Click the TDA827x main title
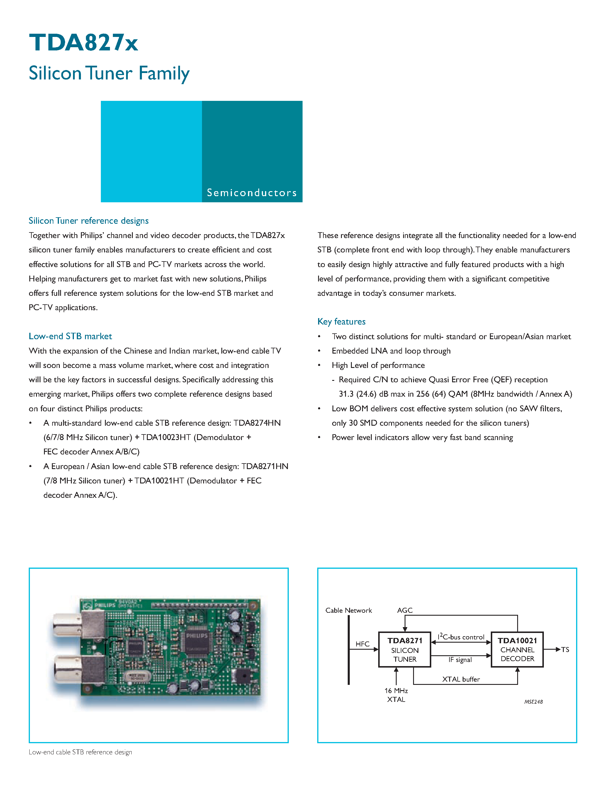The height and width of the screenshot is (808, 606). [x=83, y=43]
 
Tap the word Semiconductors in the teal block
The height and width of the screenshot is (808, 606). [x=252, y=193]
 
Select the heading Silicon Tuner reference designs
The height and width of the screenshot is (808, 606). [x=89, y=221]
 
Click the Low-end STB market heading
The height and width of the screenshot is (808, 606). [x=70, y=336]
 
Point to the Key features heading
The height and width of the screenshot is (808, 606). [x=341, y=321]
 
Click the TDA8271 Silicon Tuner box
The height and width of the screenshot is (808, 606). [x=404, y=649]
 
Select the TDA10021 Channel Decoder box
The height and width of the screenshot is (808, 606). [x=517, y=649]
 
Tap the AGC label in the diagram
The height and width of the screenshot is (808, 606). [x=405, y=610]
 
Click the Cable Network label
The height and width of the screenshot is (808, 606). [x=349, y=610]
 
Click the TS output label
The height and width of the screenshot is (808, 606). [x=565, y=649]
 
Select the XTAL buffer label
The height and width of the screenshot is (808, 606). [x=461, y=679]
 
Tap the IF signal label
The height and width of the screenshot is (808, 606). [x=460, y=660]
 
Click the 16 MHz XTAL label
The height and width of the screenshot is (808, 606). [x=396, y=695]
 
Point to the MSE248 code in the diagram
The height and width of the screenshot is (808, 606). [x=533, y=702]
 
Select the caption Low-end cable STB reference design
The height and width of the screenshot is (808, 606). [x=80, y=752]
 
